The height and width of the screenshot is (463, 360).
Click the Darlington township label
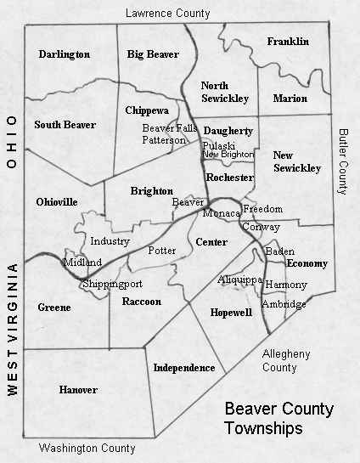pyautogui.click(x=65, y=54)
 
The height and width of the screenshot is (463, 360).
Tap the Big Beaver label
pyautogui.click(x=153, y=54)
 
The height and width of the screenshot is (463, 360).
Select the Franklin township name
pyautogui.click(x=288, y=42)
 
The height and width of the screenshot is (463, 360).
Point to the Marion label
pyautogui.click(x=290, y=99)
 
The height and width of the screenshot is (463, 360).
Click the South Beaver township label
pyautogui.click(x=65, y=125)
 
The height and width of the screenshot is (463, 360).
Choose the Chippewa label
pyautogui.click(x=147, y=110)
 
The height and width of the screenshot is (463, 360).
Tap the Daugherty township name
pyautogui.click(x=229, y=131)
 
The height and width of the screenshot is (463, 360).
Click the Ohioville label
pyautogui.click(x=58, y=202)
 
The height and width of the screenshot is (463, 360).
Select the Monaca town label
pyautogui.click(x=221, y=214)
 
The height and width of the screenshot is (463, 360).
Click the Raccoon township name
pyautogui.click(x=141, y=302)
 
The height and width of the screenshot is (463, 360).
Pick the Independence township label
pyautogui.click(x=184, y=368)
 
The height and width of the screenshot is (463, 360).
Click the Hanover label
pyautogui.click(x=78, y=390)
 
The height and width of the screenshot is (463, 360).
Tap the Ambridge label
pyautogui.click(x=284, y=304)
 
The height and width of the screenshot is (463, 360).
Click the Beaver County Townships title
pyautogui.click(x=278, y=418)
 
